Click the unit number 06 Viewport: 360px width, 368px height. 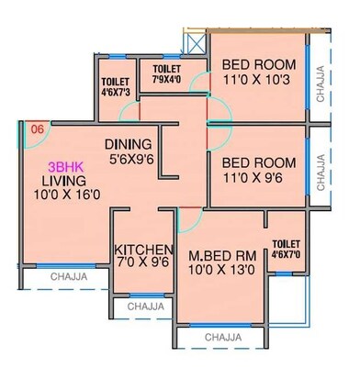pyautogui.click(x=37, y=129)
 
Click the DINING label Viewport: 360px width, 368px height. pyautogui.click(x=129, y=144)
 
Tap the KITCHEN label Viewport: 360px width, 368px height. pyautogui.click(x=143, y=250)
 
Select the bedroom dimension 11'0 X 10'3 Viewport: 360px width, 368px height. pyautogui.click(x=257, y=80)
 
